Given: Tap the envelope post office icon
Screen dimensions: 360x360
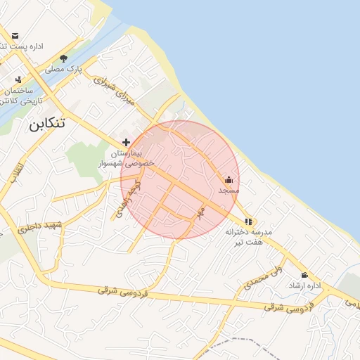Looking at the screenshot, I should point(15,35).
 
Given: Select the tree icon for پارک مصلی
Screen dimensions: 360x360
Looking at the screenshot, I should point(64,59).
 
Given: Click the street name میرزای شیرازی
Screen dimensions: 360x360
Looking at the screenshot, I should point(114,89).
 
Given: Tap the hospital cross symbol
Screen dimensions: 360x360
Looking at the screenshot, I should point(127,142).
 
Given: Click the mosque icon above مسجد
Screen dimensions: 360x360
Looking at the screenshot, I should point(229,179).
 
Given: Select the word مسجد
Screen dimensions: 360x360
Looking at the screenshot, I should point(229,191).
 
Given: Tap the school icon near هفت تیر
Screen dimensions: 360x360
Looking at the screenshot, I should point(247,221).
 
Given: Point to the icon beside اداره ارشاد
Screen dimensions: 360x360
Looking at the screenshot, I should point(304,275).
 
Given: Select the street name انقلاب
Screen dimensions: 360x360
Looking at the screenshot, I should point(15,174).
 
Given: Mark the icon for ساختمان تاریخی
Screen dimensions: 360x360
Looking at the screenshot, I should point(18,79).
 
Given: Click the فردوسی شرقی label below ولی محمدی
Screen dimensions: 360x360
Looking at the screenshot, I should point(285,307).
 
